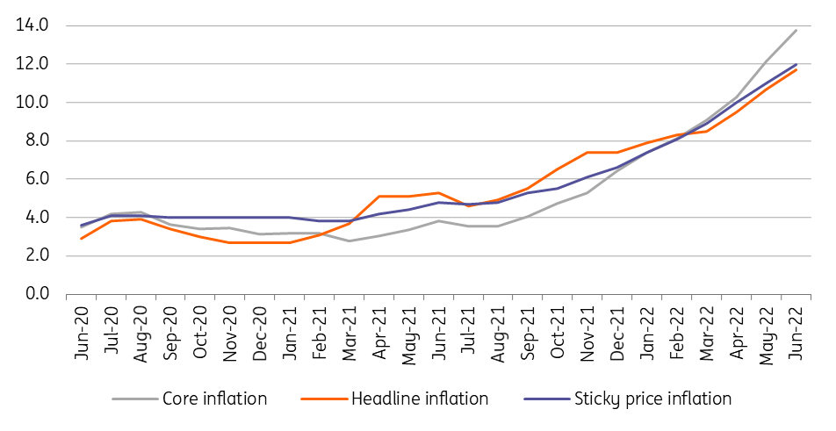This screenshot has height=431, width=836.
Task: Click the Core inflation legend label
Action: pyautogui.click(x=214, y=399)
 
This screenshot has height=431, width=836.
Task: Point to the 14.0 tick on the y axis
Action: pyautogui.click(x=32, y=25)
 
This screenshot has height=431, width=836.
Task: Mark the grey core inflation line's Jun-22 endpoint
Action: pyautogui.click(x=796, y=30)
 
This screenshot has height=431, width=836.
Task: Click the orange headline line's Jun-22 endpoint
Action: pyautogui.click(x=796, y=69)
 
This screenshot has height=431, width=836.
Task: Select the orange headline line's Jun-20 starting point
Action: pyautogui.click(x=81, y=239)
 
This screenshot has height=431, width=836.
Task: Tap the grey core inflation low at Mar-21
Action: pyautogui.click(x=350, y=241)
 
